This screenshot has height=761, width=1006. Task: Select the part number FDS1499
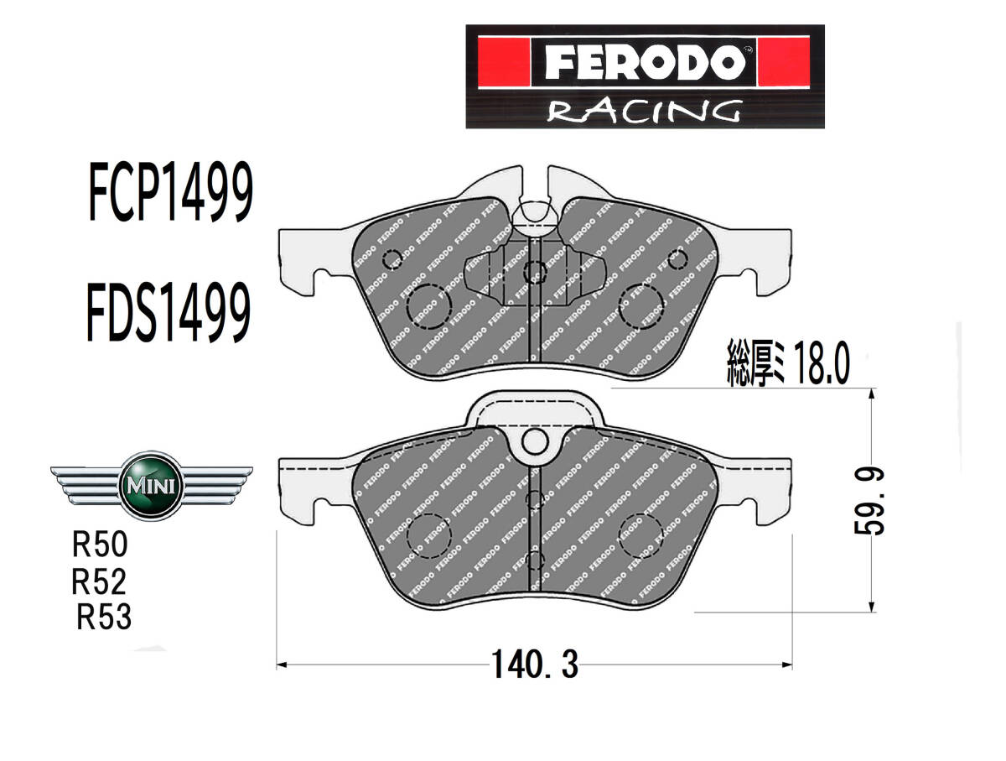click(169, 311)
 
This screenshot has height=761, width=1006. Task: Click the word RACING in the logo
click(644, 112)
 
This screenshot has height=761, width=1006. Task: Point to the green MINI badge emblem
click(151, 485)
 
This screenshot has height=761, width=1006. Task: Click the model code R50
click(100, 545)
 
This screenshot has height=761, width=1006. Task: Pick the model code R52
click(99, 581)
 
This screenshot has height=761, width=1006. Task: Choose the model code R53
click(104, 617)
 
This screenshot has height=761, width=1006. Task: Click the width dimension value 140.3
click(534, 665)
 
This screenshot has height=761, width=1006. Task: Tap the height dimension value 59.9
click(869, 500)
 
